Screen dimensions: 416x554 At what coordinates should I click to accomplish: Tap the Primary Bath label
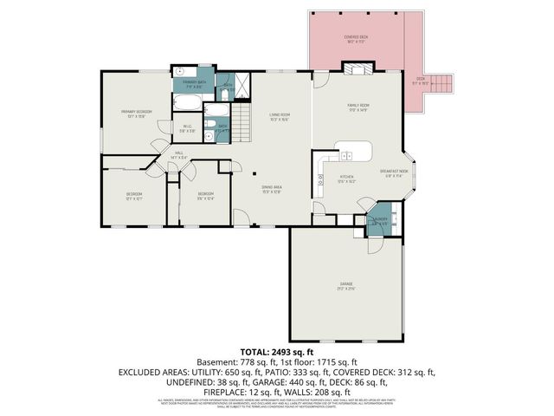(193, 85)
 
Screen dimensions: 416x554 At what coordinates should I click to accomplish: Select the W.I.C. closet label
(187, 129)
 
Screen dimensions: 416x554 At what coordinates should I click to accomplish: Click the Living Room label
(278, 117)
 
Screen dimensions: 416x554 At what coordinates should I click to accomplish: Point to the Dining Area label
(271, 190)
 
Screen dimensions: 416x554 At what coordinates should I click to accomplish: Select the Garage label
(346, 287)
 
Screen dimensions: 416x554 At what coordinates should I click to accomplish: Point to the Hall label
(179, 155)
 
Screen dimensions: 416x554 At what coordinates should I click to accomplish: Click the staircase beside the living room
(236, 125)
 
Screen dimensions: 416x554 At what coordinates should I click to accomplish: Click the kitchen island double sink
(346, 156)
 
